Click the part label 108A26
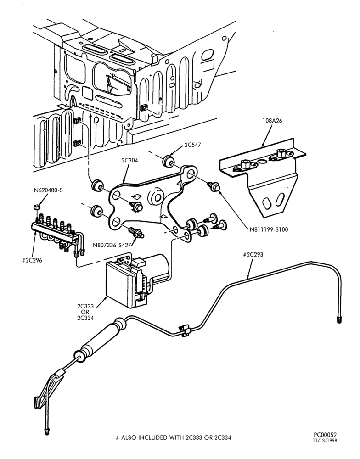[272, 121]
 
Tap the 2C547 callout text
[192, 145]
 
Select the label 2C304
[130, 160]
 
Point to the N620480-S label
[48, 190]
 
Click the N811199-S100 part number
[269, 229]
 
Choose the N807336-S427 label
[112, 245]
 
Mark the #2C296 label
[32, 260]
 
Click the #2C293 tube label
[253, 254]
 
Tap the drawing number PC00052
[325, 435]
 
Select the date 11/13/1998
[325, 441]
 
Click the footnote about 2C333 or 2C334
[174, 437]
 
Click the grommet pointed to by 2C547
[169, 161]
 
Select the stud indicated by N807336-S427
[136, 233]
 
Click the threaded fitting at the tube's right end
[339, 319]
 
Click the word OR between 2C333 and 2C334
[85, 312]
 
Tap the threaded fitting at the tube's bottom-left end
[47, 431]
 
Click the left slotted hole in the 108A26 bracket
[267, 203]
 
